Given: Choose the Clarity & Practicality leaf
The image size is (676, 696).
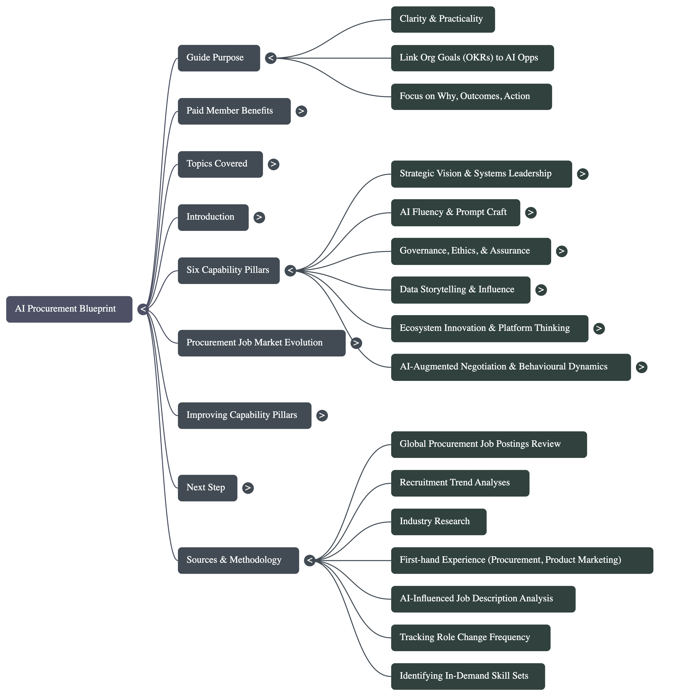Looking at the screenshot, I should [x=442, y=19].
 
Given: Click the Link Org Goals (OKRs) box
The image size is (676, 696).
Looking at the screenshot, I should [x=472, y=58].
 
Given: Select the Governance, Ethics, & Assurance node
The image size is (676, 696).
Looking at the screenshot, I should [x=471, y=251].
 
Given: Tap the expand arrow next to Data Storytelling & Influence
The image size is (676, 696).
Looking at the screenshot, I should [x=541, y=290].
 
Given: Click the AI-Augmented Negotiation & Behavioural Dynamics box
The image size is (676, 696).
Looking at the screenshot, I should [x=510, y=367].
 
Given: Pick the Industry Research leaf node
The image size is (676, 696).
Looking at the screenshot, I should [x=438, y=522].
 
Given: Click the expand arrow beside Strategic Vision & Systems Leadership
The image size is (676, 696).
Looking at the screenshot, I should [x=582, y=174].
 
